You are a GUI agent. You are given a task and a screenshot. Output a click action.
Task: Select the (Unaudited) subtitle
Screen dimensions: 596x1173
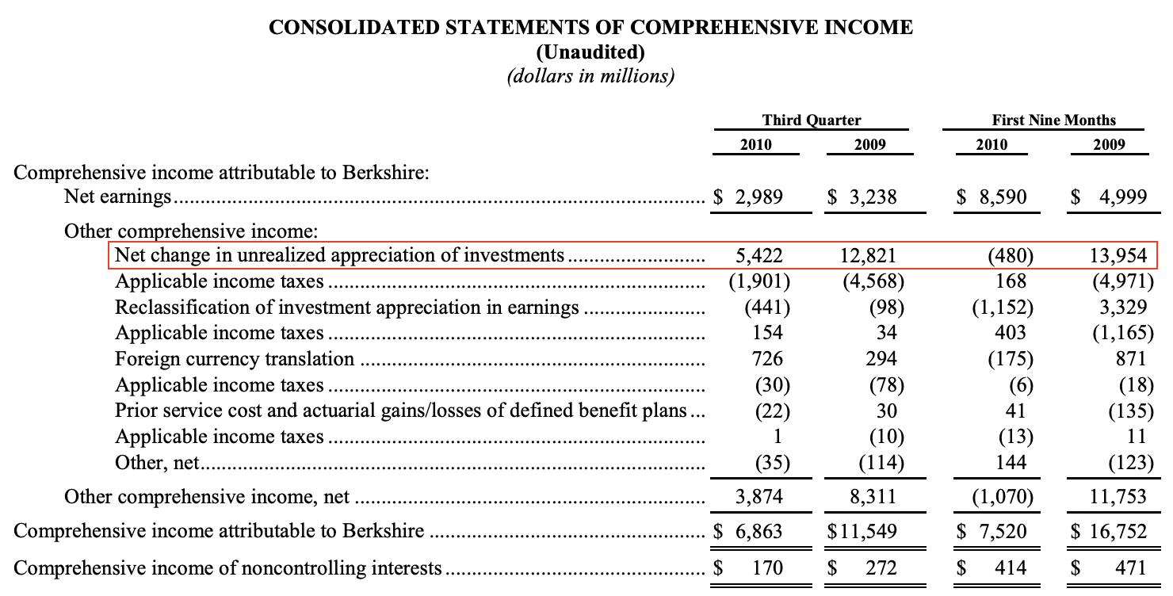click(x=590, y=52)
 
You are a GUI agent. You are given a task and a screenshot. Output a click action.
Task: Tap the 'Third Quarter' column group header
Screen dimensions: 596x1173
click(x=811, y=120)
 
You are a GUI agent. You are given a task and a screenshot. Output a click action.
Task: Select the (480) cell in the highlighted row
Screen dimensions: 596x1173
click(x=1010, y=255)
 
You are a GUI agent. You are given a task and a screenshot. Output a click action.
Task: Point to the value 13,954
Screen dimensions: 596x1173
click(x=1117, y=255)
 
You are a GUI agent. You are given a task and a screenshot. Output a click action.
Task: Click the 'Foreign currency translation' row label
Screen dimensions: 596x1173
click(x=235, y=359)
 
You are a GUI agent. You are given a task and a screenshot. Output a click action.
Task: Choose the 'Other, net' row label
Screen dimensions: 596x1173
click(x=158, y=462)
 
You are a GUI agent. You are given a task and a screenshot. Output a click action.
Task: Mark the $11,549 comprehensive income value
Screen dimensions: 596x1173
click(x=862, y=531)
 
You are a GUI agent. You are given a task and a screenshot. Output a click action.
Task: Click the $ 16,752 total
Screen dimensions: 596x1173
click(x=1109, y=531)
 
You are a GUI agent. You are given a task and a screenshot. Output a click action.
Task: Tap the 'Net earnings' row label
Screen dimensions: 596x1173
click(x=118, y=197)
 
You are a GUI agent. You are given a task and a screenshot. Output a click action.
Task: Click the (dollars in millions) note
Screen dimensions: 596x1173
click(x=590, y=77)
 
